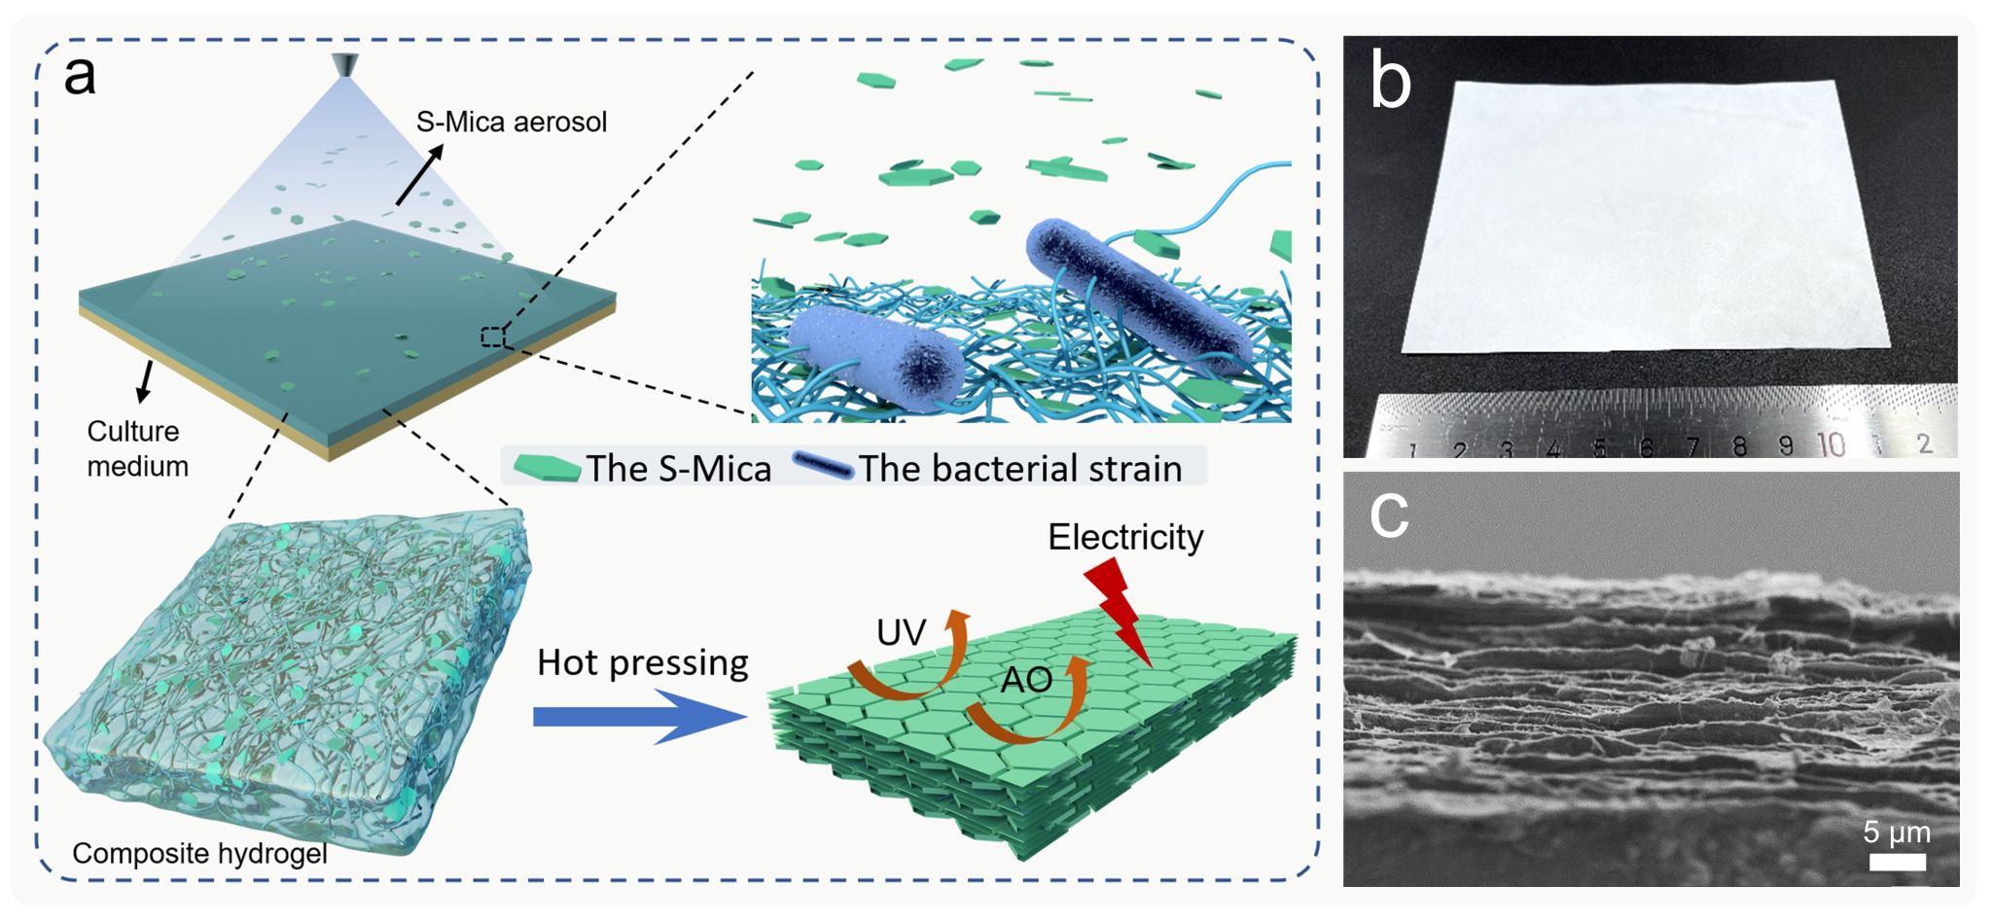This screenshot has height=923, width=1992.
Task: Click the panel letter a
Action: tap(80, 76)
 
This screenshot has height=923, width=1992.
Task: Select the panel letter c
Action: tap(1389, 515)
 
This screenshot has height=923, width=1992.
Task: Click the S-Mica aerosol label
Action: tap(511, 123)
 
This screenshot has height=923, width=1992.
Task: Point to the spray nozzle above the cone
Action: tap(343, 64)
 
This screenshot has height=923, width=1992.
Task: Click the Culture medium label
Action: tap(137, 448)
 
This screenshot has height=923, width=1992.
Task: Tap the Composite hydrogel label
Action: tap(199, 854)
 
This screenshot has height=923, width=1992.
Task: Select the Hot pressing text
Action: tap(642, 662)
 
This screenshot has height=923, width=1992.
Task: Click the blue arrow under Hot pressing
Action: tap(638, 717)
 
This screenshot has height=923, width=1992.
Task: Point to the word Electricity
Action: tap(1125, 537)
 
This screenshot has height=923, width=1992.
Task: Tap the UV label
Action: tap(900, 633)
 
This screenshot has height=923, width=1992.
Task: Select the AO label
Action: tap(1026, 680)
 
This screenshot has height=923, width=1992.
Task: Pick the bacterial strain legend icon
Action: tap(823, 466)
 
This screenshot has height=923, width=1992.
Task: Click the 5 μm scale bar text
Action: tap(1896, 833)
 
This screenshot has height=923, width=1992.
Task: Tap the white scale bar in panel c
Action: tap(1897, 862)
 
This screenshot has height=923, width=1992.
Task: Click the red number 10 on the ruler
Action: tap(1831, 444)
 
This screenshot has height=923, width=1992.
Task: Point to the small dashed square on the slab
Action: tap(493, 337)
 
